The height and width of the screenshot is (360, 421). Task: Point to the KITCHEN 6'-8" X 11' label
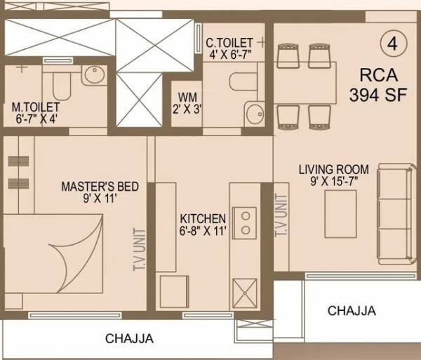coord(203,225)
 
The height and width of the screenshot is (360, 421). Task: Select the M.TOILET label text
coord(36,113)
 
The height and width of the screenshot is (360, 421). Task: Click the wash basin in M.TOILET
coord(93,76)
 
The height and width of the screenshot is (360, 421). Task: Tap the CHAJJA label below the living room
coord(351,311)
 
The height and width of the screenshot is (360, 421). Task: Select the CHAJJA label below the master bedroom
coord(129,339)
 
